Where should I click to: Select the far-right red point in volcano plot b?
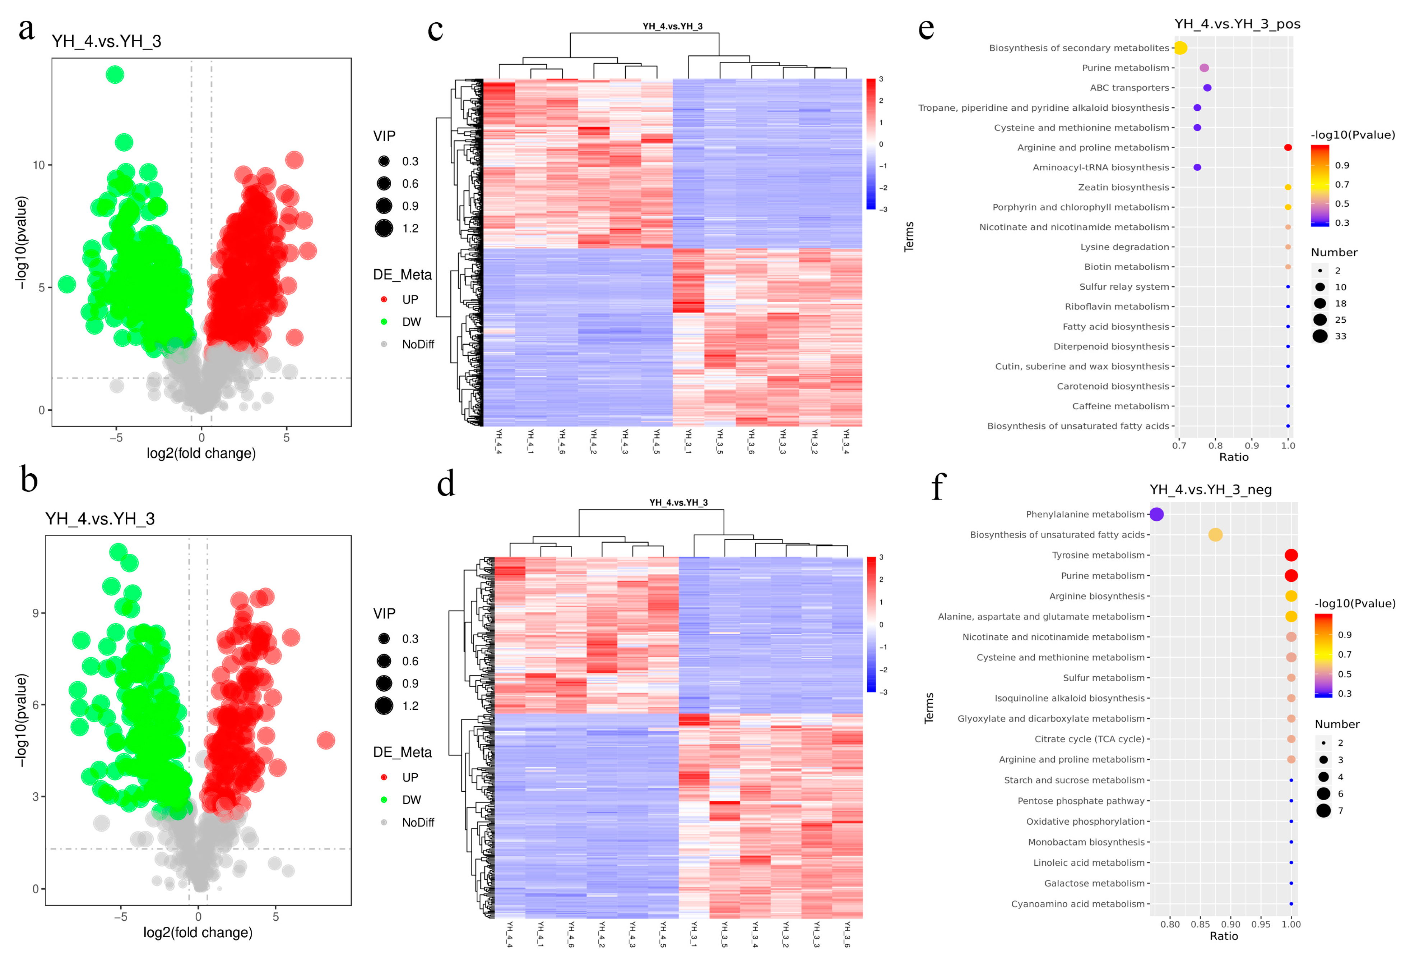[326, 740]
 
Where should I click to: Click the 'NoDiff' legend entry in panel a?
[418, 344]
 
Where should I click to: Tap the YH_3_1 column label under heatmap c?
[688, 442]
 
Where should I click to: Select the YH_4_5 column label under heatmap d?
[663, 934]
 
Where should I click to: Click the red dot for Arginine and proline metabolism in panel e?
[1288, 147]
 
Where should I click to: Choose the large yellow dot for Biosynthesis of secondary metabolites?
[1180, 47]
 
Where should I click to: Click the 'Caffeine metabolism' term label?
[1120, 406]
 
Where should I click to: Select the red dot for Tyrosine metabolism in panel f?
[1291, 555]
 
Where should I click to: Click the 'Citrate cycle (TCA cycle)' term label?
[1089, 739]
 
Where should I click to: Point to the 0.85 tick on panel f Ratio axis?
[1200, 924]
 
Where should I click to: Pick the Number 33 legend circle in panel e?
[1320, 336]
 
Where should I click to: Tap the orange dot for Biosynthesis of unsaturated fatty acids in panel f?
[1215, 534]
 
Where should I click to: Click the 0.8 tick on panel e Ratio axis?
[1215, 445]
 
